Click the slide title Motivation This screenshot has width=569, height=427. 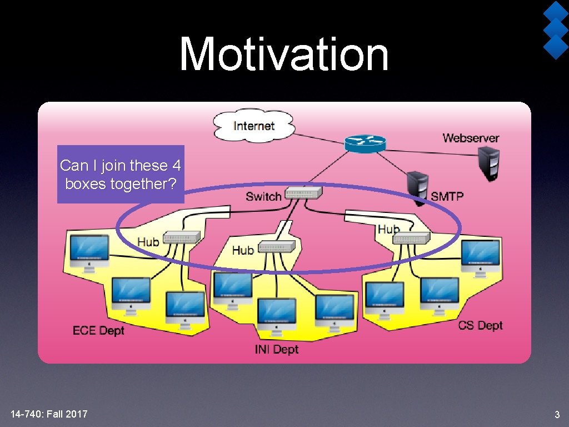284,54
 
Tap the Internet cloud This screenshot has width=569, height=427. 254,126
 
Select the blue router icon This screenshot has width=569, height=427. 365,143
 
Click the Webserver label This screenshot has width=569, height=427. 471,138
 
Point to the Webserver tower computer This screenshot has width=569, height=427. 489,163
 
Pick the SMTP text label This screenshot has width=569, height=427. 447,196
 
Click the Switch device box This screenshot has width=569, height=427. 303,194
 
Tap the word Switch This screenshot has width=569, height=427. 263,196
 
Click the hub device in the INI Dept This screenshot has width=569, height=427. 277,246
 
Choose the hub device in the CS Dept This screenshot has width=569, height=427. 411,238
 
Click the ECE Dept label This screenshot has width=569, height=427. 98,331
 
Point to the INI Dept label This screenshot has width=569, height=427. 277,349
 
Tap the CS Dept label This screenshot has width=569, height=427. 480,326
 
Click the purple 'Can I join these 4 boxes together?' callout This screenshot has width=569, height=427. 121,174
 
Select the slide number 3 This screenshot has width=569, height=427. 557,415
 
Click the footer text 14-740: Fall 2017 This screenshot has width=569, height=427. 49,414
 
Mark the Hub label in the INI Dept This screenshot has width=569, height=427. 243,250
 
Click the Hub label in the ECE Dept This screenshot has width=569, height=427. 148,241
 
